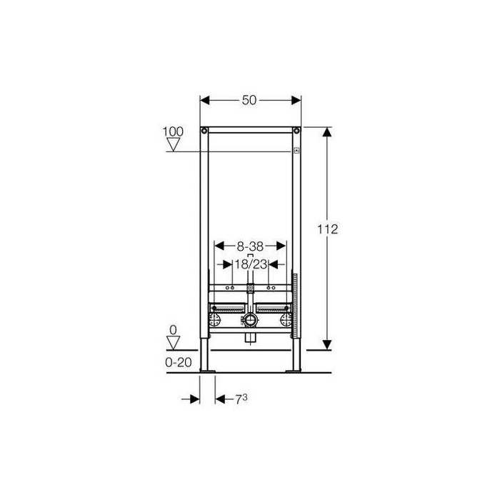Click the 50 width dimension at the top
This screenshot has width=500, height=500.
(x=249, y=100)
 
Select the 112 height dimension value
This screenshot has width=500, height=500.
(x=327, y=229)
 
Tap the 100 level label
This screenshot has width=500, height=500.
(x=173, y=131)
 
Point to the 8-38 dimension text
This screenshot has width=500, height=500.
(x=250, y=246)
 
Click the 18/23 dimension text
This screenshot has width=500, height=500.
(x=251, y=264)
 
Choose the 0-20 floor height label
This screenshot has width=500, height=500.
(x=179, y=362)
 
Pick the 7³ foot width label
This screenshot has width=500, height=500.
(x=241, y=399)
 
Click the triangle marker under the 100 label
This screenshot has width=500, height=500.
(x=174, y=144)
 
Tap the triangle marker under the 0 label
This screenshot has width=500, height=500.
(x=174, y=343)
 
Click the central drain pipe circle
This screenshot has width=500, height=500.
(x=250, y=320)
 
